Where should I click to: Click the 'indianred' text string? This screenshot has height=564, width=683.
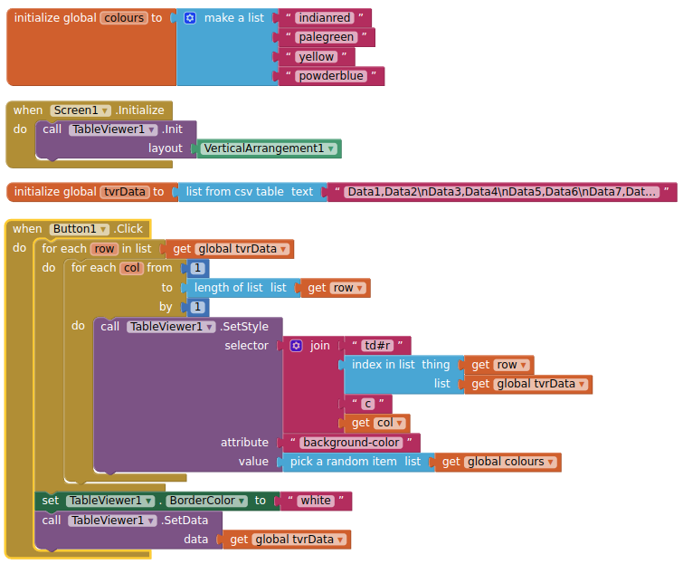(x=325, y=18)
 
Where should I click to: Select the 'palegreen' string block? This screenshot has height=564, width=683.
(x=326, y=37)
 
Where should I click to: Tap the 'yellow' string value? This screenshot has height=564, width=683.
(x=317, y=57)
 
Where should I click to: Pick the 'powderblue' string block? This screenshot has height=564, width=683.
(x=331, y=76)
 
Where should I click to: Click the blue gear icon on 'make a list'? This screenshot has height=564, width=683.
(x=190, y=18)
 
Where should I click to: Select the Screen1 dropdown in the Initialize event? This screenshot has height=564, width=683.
(x=81, y=110)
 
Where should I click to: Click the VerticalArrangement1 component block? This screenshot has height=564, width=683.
(x=270, y=148)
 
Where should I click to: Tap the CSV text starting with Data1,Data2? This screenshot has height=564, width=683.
(x=501, y=192)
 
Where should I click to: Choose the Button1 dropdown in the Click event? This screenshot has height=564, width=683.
(x=79, y=229)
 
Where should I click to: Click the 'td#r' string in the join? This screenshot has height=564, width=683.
(x=377, y=346)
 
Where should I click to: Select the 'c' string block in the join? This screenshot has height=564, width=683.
(x=368, y=404)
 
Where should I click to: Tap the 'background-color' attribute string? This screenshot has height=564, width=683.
(x=351, y=443)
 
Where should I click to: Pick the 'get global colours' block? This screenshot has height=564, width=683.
(x=498, y=462)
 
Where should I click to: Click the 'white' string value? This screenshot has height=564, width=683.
(x=316, y=501)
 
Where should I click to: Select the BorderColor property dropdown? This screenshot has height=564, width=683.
(x=206, y=501)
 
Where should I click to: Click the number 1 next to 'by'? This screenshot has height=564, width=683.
(x=198, y=307)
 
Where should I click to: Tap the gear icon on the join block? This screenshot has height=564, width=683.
(x=296, y=346)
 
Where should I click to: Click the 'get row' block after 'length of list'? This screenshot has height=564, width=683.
(x=336, y=288)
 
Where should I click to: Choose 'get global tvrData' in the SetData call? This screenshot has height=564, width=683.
(x=287, y=540)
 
